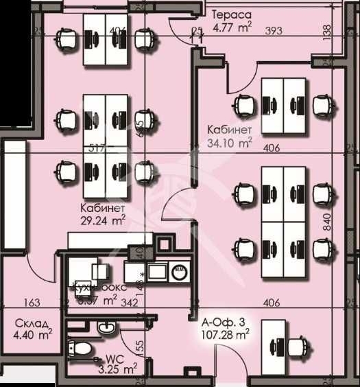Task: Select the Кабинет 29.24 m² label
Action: coord(102,213)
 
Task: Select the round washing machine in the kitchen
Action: coord(179,270)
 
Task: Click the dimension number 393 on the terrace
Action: coord(274,31)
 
